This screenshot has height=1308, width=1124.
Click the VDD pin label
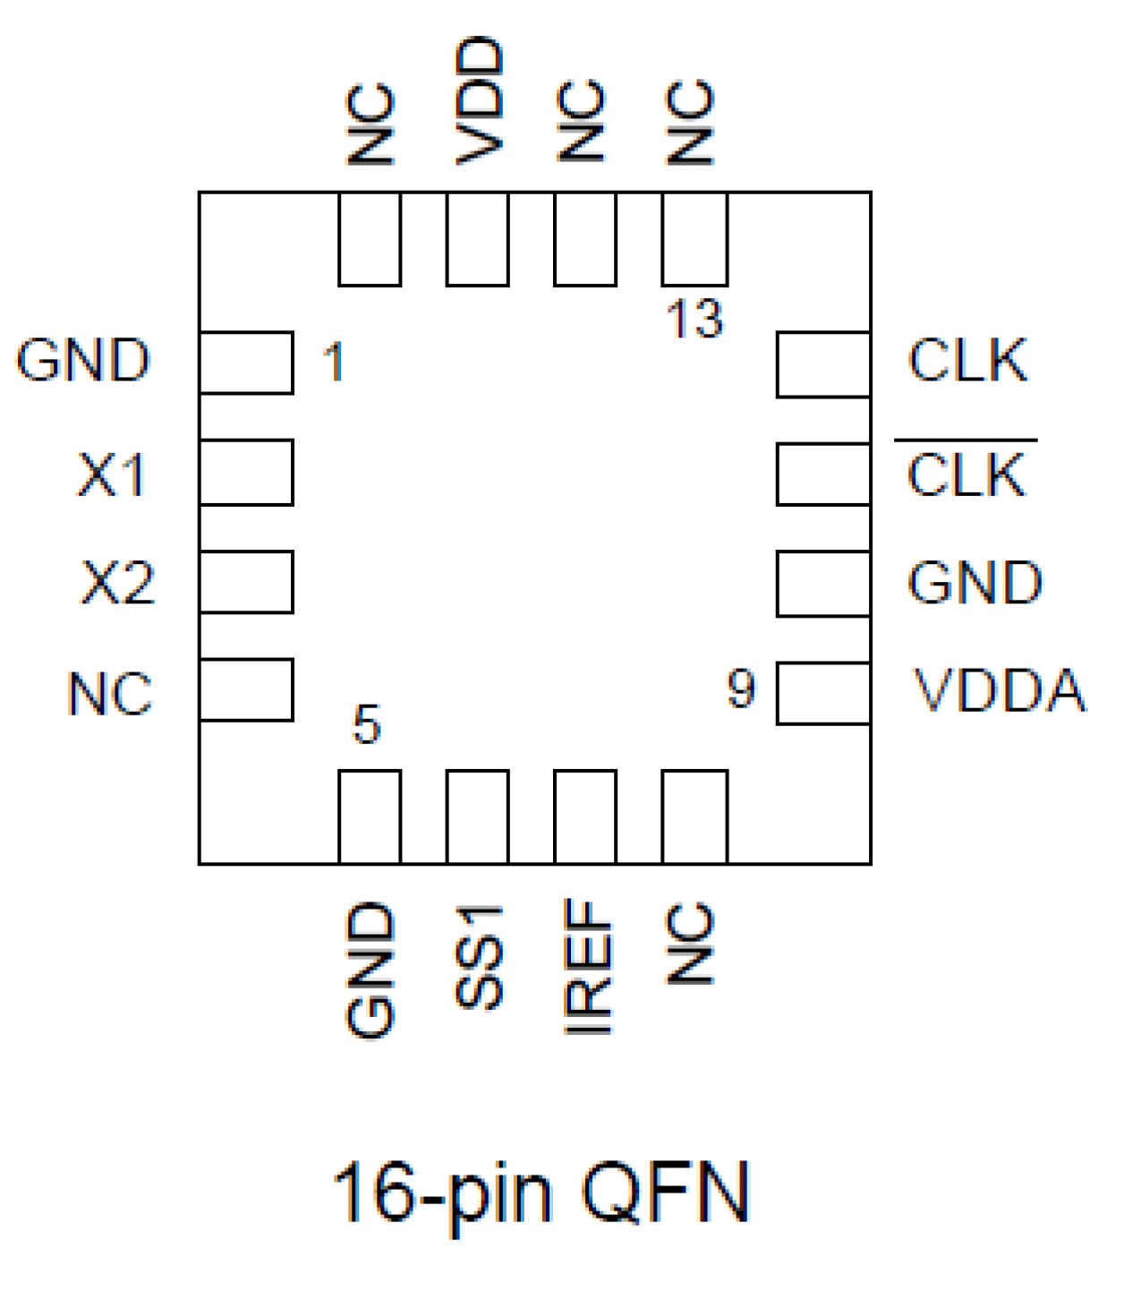[x=480, y=100]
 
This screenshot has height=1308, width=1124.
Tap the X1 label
[x=112, y=474]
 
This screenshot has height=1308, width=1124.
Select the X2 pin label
[x=117, y=583]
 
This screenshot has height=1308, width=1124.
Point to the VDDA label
[x=999, y=691]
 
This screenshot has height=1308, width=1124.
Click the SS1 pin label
[x=480, y=956]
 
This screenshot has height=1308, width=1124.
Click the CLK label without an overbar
[x=967, y=361]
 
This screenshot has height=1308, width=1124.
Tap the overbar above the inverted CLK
[x=966, y=440]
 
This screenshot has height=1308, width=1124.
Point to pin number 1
[x=334, y=363]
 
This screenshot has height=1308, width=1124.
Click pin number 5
[x=367, y=724]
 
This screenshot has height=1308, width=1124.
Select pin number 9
[x=741, y=689]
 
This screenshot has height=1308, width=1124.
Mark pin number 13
[x=694, y=320]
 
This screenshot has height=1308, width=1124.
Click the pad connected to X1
[x=247, y=473]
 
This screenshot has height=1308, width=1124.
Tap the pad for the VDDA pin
[x=823, y=693]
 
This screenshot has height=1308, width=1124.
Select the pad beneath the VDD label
[x=478, y=239]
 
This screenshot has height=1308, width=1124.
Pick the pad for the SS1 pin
[x=478, y=816]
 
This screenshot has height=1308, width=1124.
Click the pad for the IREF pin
[x=585, y=816]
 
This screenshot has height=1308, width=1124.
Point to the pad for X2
[x=247, y=582]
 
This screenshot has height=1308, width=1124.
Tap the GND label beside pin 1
[x=83, y=361]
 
